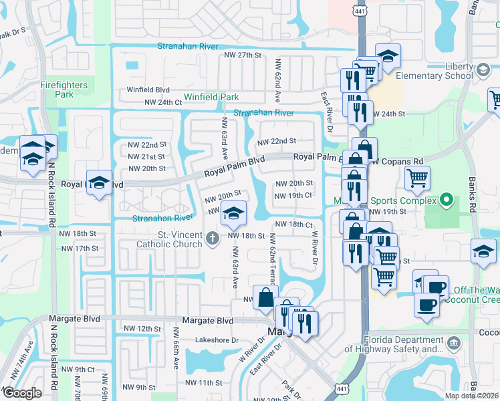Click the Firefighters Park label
[x=64, y=90]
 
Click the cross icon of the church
[x=212, y=239]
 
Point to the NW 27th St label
[x=242, y=55]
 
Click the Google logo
[x=22, y=393]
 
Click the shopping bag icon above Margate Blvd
[x=265, y=297]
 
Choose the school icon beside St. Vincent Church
[x=233, y=215]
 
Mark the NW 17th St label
[x=80, y=248]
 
